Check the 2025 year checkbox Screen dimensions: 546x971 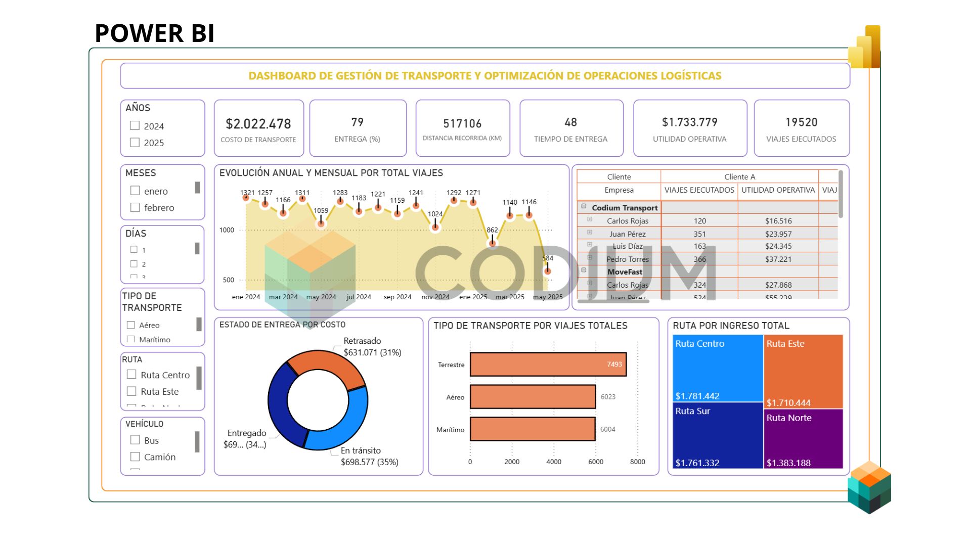(135, 143)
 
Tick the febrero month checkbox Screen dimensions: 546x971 (135, 207)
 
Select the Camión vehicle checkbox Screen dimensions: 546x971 (135, 457)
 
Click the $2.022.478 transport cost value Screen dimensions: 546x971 (258, 124)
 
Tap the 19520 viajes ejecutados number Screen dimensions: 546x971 (801, 122)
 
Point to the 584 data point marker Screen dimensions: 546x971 (547, 271)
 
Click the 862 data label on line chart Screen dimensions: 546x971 (492, 230)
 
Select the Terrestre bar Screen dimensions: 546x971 (548, 365)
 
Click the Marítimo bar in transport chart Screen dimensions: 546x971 (532, 429)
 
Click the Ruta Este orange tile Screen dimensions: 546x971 (803, 372)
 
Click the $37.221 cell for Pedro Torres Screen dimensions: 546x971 (778, 259)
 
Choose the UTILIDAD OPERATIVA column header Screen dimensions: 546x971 (778, 190)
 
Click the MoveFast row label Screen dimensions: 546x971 (625, 272)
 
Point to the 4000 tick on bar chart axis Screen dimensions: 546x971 (554, 462)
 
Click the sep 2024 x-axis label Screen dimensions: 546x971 (397, 297)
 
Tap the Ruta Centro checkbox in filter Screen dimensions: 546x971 (131, 375)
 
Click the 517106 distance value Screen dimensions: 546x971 (462, 124)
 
